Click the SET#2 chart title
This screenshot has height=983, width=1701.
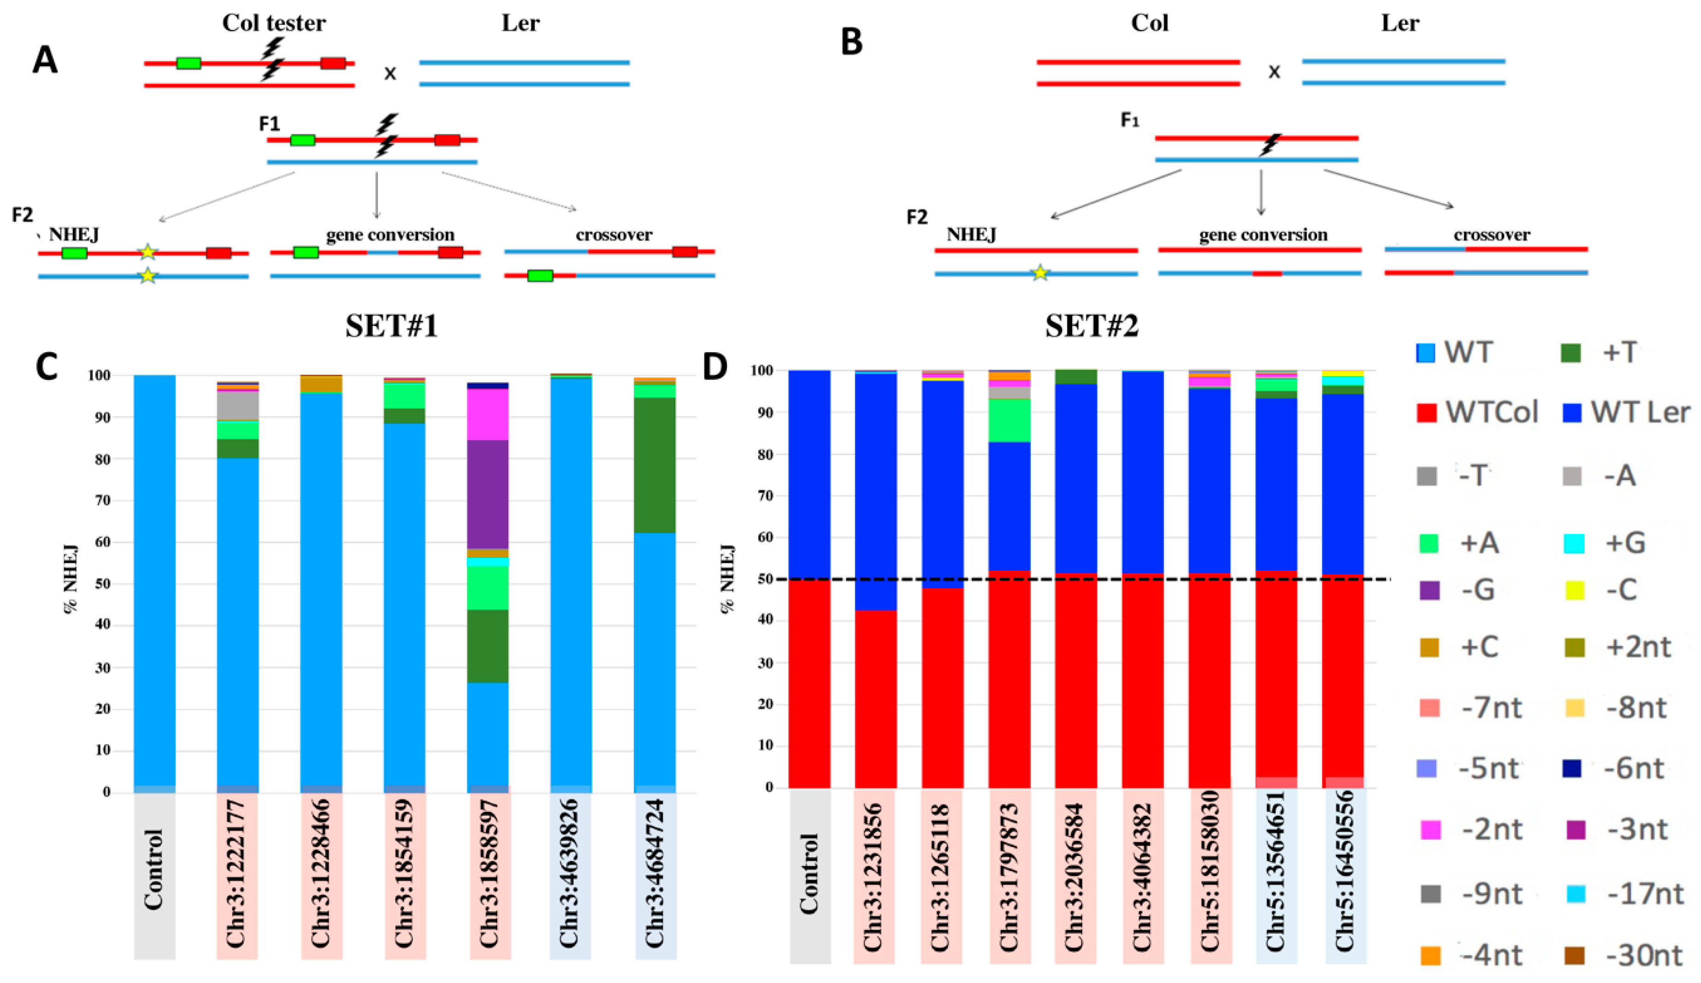1091,326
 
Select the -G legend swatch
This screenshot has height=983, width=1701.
1429,590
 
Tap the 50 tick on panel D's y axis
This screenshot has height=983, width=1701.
767,579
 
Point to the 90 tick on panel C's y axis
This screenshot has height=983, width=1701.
102,417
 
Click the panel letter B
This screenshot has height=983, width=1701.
852,42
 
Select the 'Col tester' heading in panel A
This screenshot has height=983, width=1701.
274,23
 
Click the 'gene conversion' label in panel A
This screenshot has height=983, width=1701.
390,235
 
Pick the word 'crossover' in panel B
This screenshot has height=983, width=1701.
1492,235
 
